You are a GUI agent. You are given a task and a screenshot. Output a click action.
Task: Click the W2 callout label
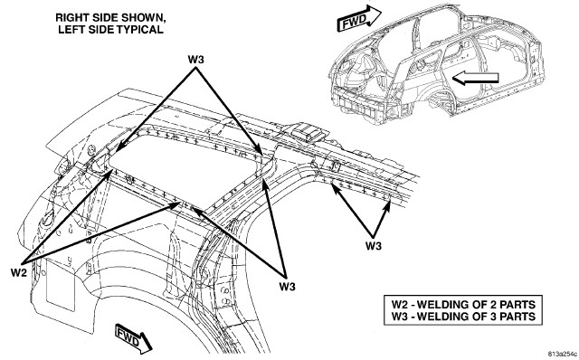tap(19, 272)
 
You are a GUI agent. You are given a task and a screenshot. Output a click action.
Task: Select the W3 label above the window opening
tap(195, 59)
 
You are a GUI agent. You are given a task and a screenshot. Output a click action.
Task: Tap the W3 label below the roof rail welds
tap(374, 245)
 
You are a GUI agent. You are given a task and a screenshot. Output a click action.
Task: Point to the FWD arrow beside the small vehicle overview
tap(359, 18)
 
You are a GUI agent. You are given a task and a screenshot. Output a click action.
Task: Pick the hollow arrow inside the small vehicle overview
tap(475, 78)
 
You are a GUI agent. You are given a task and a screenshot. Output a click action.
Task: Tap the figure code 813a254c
tap(563, 354)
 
